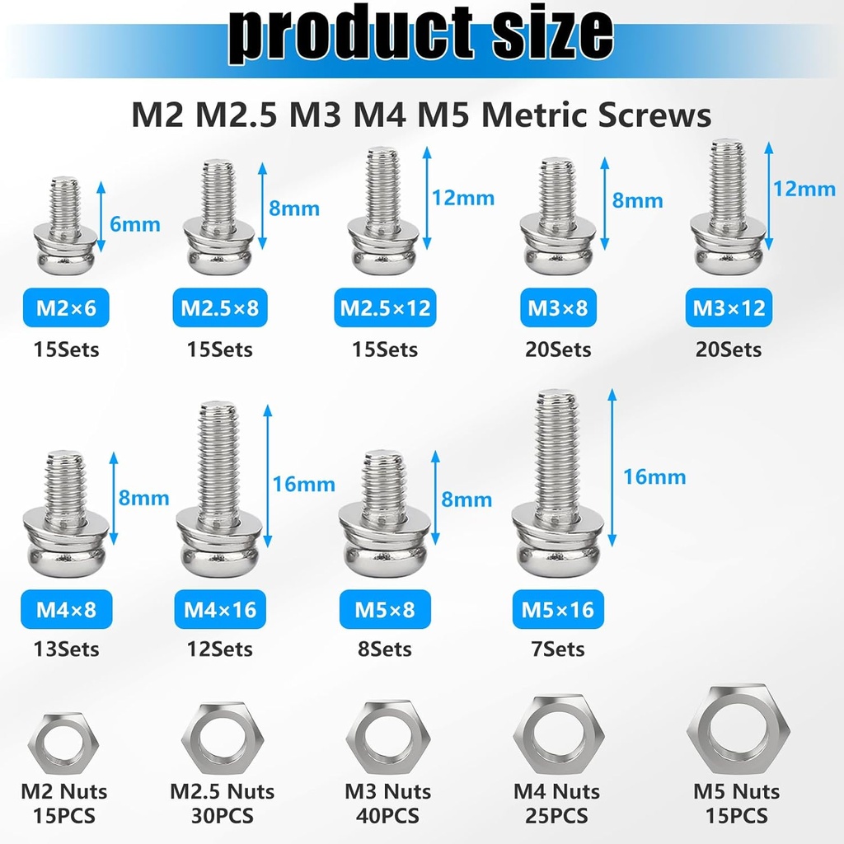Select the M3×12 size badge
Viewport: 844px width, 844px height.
[x=729, y=308]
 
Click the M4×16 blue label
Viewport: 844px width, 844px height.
[x=220, y=610]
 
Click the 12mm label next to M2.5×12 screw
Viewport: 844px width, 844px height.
[x=463, y=198]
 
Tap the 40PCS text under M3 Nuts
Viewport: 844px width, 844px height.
[x=387, y=816]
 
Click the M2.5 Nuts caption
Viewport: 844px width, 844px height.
[x=222, y=792]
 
